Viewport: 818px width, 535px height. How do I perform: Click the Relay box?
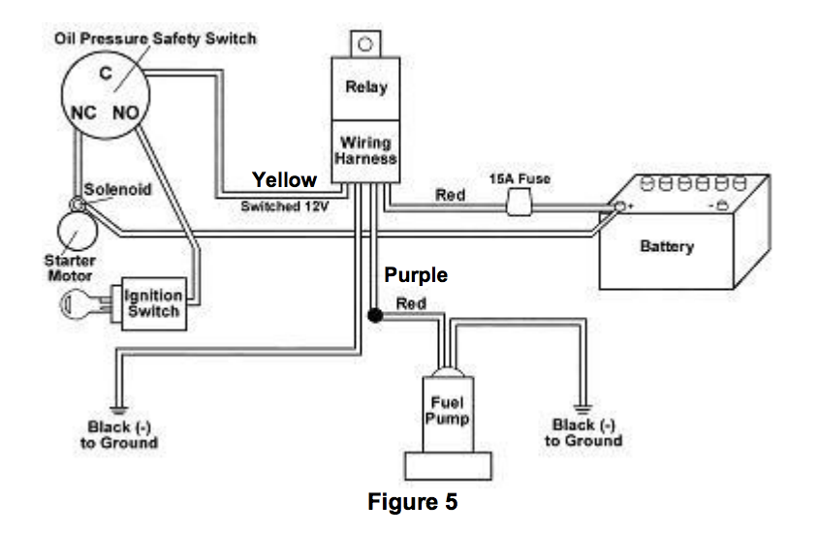click(365, 87)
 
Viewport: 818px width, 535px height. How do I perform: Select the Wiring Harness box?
click(365, 151)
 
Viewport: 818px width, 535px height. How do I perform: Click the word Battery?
click(667, 246)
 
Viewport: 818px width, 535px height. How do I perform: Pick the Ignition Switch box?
click(153, 302)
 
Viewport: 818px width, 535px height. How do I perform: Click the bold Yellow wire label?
click(284, 179)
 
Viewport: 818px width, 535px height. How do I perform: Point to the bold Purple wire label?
click(416, 275)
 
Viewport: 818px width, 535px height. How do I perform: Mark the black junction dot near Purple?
click(372, 316)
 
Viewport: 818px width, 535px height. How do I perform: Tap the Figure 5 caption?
click(412, 503)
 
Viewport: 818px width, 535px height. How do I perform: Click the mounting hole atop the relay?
click(365, 44)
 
